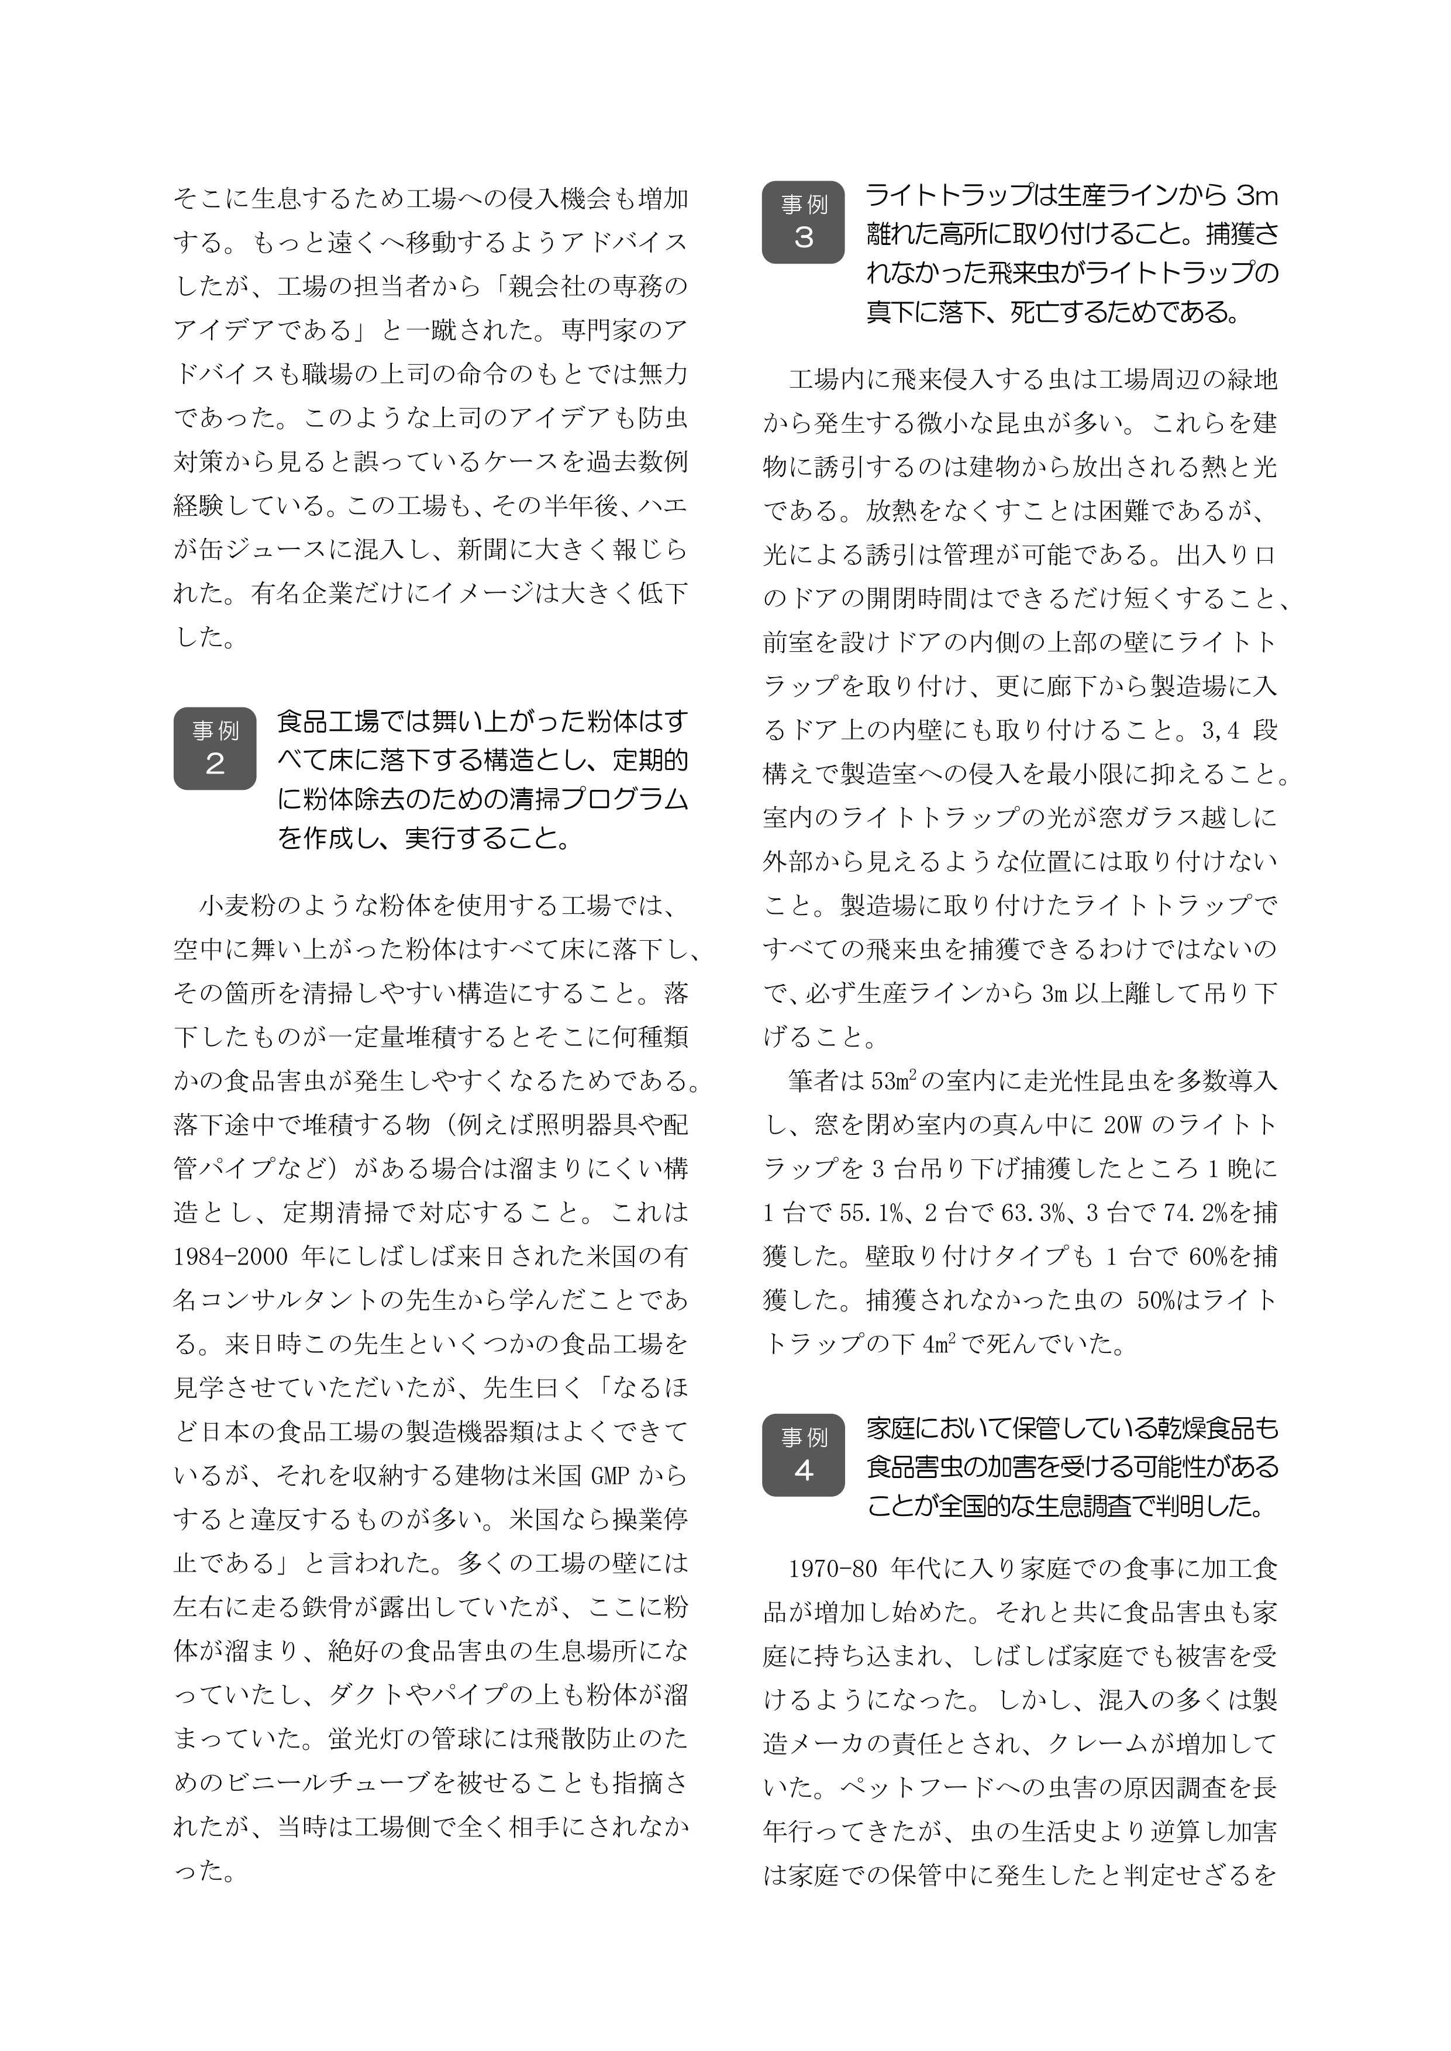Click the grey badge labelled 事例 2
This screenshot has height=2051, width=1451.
(215, 748)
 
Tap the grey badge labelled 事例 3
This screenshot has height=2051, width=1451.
(802, 222)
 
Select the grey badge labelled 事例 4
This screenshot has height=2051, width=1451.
(802, 1454)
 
